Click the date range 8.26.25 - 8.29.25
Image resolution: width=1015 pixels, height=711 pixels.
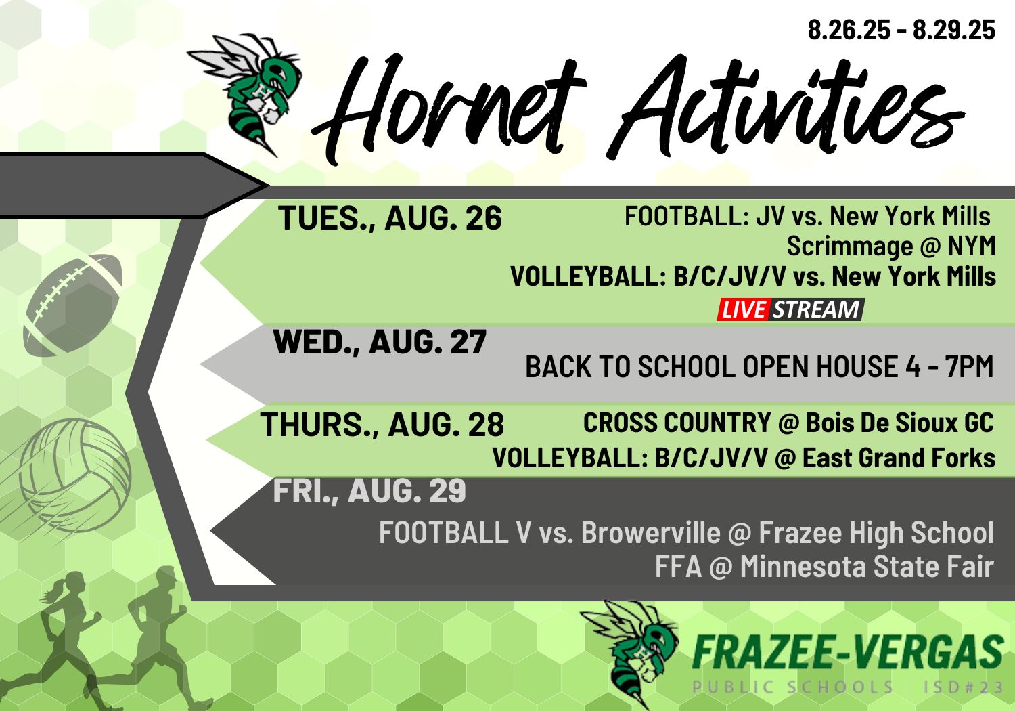coord(901,30)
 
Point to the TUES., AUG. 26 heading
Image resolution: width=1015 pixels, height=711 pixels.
coord(390,219)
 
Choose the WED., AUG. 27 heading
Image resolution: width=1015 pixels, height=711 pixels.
coord(380,343)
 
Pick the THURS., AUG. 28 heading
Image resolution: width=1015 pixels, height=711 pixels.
coord(382,425)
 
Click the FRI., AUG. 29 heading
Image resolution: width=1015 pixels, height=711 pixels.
coord(369,491)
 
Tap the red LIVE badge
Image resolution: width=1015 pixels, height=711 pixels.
coord(743,310)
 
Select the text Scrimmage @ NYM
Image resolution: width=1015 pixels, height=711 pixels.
coord(891,246)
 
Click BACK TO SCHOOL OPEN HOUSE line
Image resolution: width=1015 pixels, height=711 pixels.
coord(759,366)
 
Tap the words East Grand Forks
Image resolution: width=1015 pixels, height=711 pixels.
coord(899,458)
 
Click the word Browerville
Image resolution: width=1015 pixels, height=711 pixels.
coord(651,532)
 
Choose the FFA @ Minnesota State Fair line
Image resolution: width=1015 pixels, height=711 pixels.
coord(824,567)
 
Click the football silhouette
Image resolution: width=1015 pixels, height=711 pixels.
coord(72,305)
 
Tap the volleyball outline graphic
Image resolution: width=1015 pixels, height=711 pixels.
coord(74,475)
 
